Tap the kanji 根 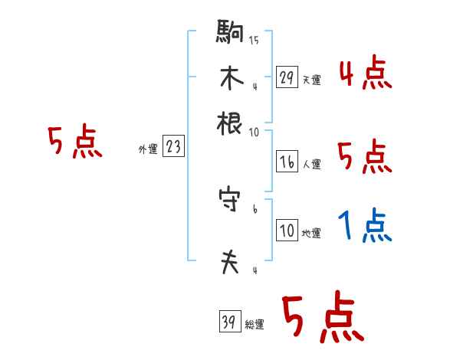(230, 122)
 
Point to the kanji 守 (230, 201)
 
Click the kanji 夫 (230, 262)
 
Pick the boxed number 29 (286, 77)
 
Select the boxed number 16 (286, 162)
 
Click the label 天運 (311, 80)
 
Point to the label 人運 (311, 164)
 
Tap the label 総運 (254, 324)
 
